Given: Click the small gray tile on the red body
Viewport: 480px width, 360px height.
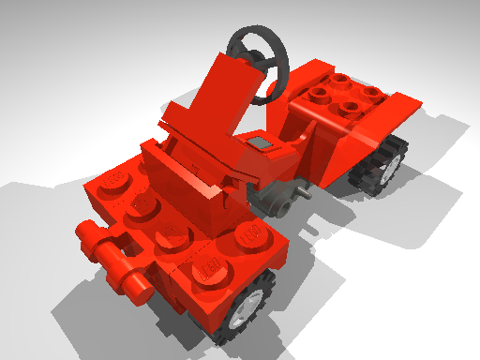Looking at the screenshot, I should [259, 143].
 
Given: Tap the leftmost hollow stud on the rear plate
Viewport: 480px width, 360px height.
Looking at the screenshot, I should [318, 94].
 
